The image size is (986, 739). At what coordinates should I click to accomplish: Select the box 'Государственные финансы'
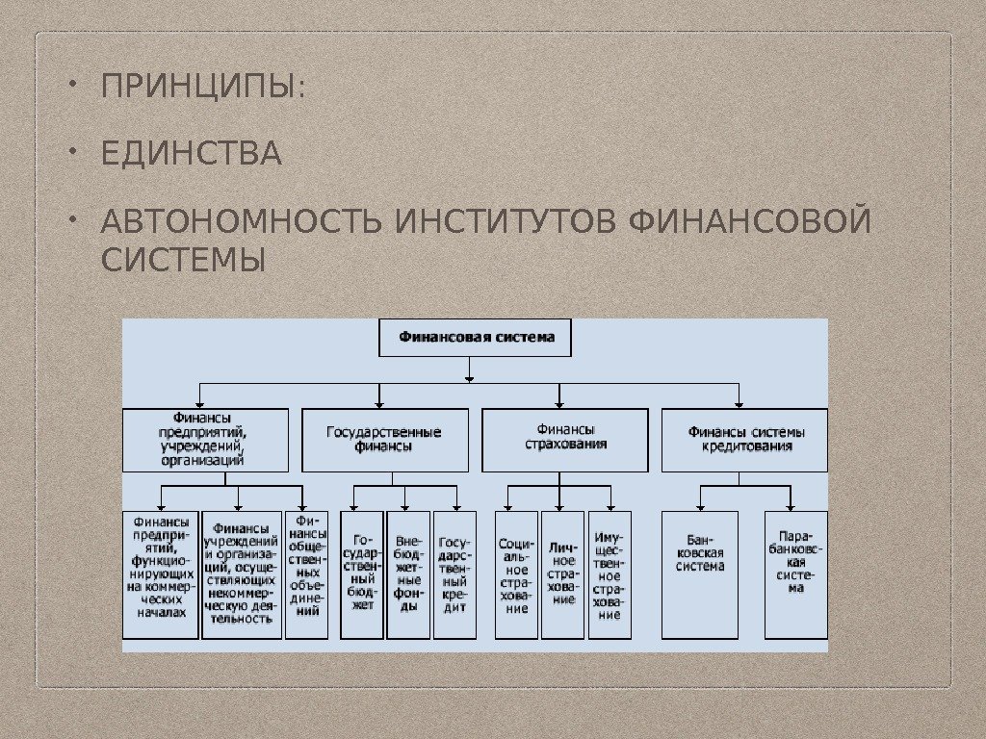[x=385, y=440]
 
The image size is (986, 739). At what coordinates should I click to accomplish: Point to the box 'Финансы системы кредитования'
[x=745, y=440]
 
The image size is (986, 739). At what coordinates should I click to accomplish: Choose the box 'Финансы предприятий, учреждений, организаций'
[x=205, y=440]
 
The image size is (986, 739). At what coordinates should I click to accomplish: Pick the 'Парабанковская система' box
[x=795, y=574]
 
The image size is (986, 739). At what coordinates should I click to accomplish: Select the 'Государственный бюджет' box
[x=362, y=574]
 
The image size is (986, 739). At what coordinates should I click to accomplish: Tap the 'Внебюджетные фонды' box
[x=408, y=574]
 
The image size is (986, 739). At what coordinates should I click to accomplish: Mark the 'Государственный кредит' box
[x=455, y=574]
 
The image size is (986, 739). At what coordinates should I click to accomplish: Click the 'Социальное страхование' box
[x=517, y=574]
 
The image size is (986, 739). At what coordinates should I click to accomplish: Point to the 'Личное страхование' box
[x=563, y=574]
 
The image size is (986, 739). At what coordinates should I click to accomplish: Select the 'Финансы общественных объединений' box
[x=307, y=574]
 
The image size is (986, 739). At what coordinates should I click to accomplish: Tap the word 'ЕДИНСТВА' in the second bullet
[x=192, y=154]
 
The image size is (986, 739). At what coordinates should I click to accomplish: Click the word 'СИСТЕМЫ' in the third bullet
[x=182, y=260]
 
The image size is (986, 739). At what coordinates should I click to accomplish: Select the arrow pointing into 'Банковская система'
[x=700, y=504]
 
